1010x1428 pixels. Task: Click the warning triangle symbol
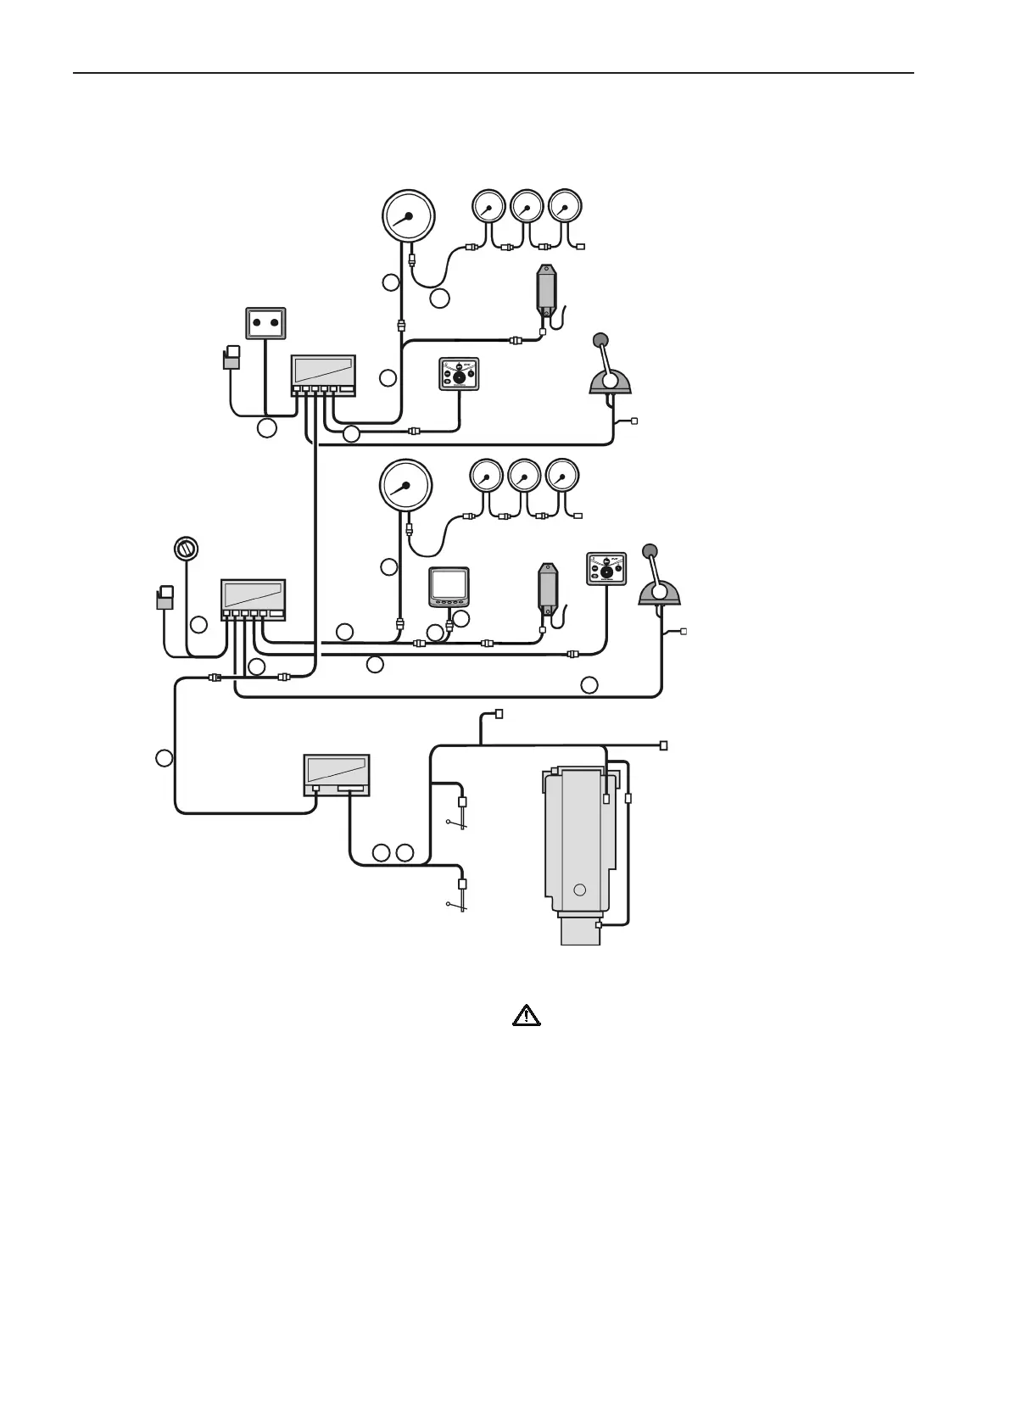pyautogui.click(x=527, y=1015)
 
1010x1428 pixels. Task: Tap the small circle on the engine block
pyautogui.click(x=580, y=890)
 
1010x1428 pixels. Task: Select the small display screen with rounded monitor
pyautogui.click(x=449, y=585)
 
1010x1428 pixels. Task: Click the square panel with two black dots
pyautogui.click(x=265, y=323)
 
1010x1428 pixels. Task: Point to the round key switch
pyautogui.click(x=185, y=549)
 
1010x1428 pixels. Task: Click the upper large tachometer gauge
pyautogui.click(x=409, y=215)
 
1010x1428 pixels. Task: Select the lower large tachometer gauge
pyautogui.click(x=405, y=485)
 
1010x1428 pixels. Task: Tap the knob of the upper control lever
pyautogui.click(x=600, y=341)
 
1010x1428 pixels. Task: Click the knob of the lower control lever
pyautogui.click(x=650, y=551)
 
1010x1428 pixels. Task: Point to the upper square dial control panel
pyautogui.click(x=460, y=374)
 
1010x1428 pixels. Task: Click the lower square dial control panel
pyautogui.click(x=606, y=568)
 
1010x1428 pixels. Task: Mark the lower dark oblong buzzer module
pyautogui.click(x=548, y=585)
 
